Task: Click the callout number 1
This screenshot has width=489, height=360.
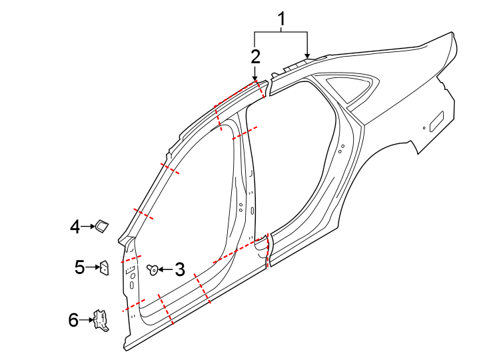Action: pyautogui.click(x=282, y=20)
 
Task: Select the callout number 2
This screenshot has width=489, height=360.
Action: pyautogui.click(x=255, y=56)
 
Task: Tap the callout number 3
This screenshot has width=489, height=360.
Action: pyautogui.click(x=179, y=269)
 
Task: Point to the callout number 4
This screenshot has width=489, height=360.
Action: pyautogui.click(x=75, y=227)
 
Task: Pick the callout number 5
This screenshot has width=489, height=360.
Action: pyautogui.click(x=79, y=268)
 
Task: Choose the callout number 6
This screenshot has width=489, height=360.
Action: pyautogui.click(x=73, y=320)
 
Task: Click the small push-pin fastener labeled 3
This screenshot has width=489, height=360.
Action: pyautogui.click(x=153, y=269)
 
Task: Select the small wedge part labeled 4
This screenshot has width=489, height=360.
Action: pyautogui.click(x=103, y=227)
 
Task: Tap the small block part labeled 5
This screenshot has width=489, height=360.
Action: pyautogui.click(x=104, y=268)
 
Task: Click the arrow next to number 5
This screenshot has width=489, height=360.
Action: pyautogui.click(x=92, y=268)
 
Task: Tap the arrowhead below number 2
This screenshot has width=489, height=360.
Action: pyautogui.click(x=255, y=77)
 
